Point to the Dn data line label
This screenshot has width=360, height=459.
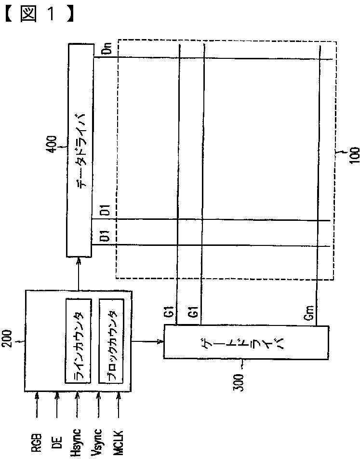tap(107, 48)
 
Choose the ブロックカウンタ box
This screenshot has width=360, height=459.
tap(111, 341)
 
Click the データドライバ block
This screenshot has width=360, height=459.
tap(79, 149)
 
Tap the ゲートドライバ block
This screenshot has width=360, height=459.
tap(246, 342)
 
